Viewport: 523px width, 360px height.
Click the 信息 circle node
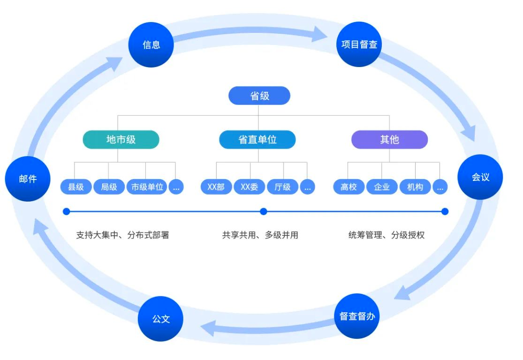[151, 45]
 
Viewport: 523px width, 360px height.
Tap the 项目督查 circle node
[359, 45]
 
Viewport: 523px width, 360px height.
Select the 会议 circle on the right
[480, 177]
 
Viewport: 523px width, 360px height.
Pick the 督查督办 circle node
[357, 316]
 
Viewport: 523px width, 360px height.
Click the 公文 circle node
[161, 319]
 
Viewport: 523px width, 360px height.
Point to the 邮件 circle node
[28, 179]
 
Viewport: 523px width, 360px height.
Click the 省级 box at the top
[259, 96]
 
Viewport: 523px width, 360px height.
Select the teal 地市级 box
[121, 139]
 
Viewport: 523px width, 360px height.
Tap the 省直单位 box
[258, 139]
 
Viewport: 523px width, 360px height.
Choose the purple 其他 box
[390, 139]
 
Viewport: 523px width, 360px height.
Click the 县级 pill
[76, 187]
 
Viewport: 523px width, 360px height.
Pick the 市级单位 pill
[147, 187]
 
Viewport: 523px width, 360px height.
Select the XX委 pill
[250, 187]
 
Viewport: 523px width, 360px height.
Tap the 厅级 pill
[282, 187]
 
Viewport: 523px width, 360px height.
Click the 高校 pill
[349, 187]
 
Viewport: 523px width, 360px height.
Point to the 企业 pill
[382, 187]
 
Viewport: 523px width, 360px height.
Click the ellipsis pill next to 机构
[440, 187]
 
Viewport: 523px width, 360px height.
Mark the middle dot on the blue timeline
[264, 211]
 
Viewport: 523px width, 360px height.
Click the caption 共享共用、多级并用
[260, 235]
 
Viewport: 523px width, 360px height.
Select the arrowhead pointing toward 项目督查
[319, 34]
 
